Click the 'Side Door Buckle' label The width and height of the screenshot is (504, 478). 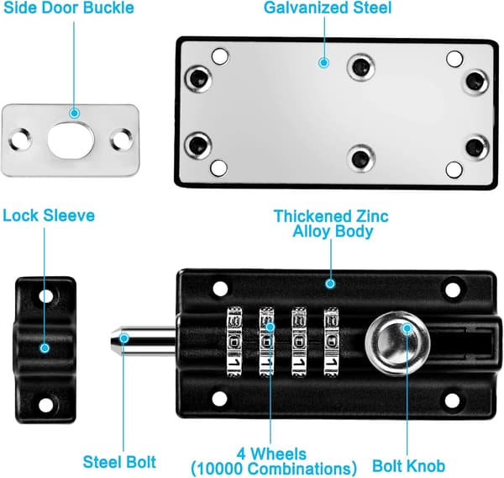[69, 8]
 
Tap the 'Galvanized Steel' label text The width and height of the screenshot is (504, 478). [328, 8]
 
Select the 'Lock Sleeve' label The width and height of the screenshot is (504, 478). [49, 215]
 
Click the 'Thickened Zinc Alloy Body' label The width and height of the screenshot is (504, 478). [332, 224]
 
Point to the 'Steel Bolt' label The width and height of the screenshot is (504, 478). [119, 462]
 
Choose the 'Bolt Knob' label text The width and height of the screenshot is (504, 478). [408, 465]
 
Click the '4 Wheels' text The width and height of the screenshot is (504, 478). [271, 454]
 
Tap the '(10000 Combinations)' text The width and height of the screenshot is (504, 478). [274, 468]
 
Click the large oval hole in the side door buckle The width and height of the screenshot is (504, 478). [71, 140]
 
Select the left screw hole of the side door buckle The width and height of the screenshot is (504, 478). [20, 140]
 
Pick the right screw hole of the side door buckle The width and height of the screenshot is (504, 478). [122, 140]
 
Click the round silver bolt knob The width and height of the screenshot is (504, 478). [397, 343]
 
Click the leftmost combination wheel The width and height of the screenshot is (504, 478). [234, 342]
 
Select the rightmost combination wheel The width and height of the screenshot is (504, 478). [331, 342]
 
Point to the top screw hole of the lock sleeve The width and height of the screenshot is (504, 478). [46, 295]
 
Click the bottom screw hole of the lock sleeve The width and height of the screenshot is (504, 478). [46, 405]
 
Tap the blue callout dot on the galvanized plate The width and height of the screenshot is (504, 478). [324, 62]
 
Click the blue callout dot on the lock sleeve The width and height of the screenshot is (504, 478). [45, 348]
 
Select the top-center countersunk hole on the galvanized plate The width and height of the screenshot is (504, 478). [361, 67]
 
